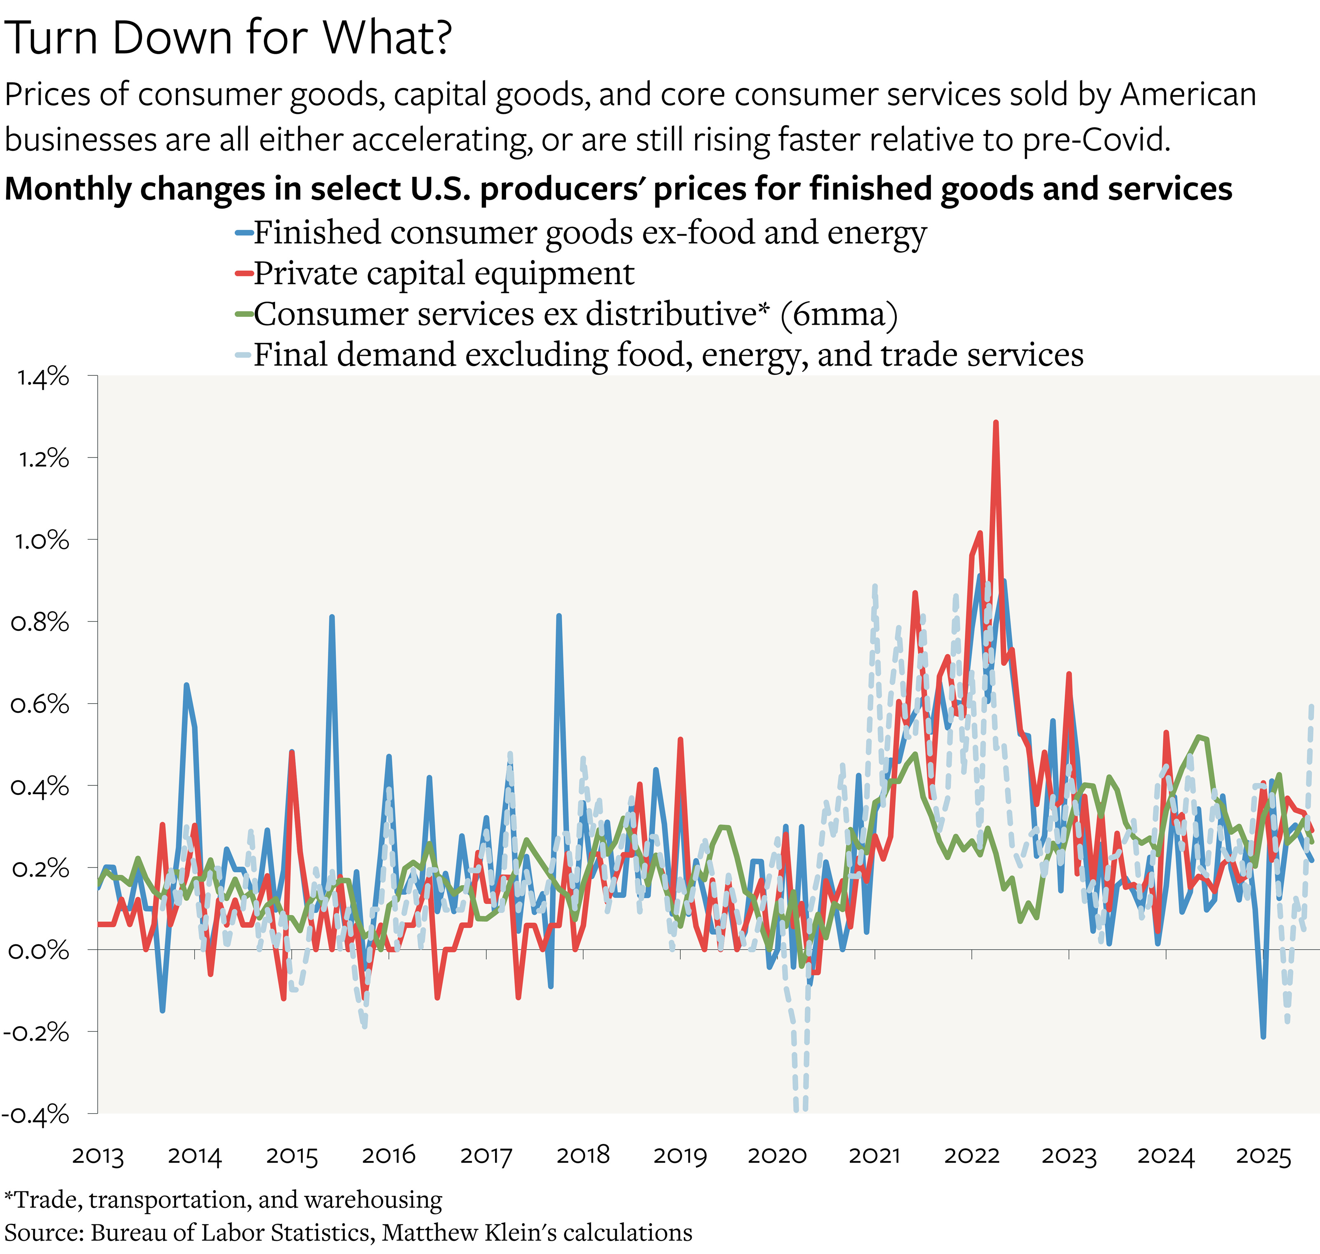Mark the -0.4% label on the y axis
[x=37, y=1114]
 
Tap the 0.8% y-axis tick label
[x=40, y=623]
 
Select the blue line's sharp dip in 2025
[x=1263, y=1037]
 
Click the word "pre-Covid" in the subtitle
[x=1096, y=140]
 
